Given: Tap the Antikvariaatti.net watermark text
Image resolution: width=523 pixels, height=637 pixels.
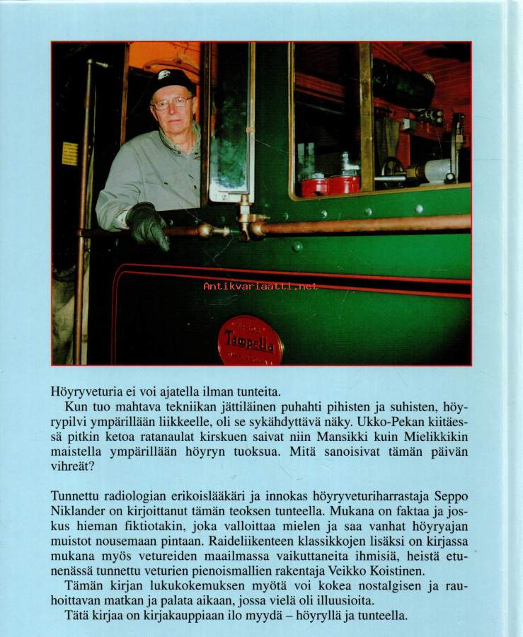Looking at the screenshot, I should tap(260, 286).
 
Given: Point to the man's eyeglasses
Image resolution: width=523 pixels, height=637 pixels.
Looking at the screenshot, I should tap(172, 103).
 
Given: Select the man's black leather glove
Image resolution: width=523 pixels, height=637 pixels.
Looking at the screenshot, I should tap(149, 224).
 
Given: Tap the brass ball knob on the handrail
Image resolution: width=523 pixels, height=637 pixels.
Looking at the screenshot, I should tap(205, 230).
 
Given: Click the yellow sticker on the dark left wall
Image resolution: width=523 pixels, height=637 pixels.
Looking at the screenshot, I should tap(69, 154).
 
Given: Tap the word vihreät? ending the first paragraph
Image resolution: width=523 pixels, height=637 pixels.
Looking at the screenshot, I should tap(72, 470).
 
